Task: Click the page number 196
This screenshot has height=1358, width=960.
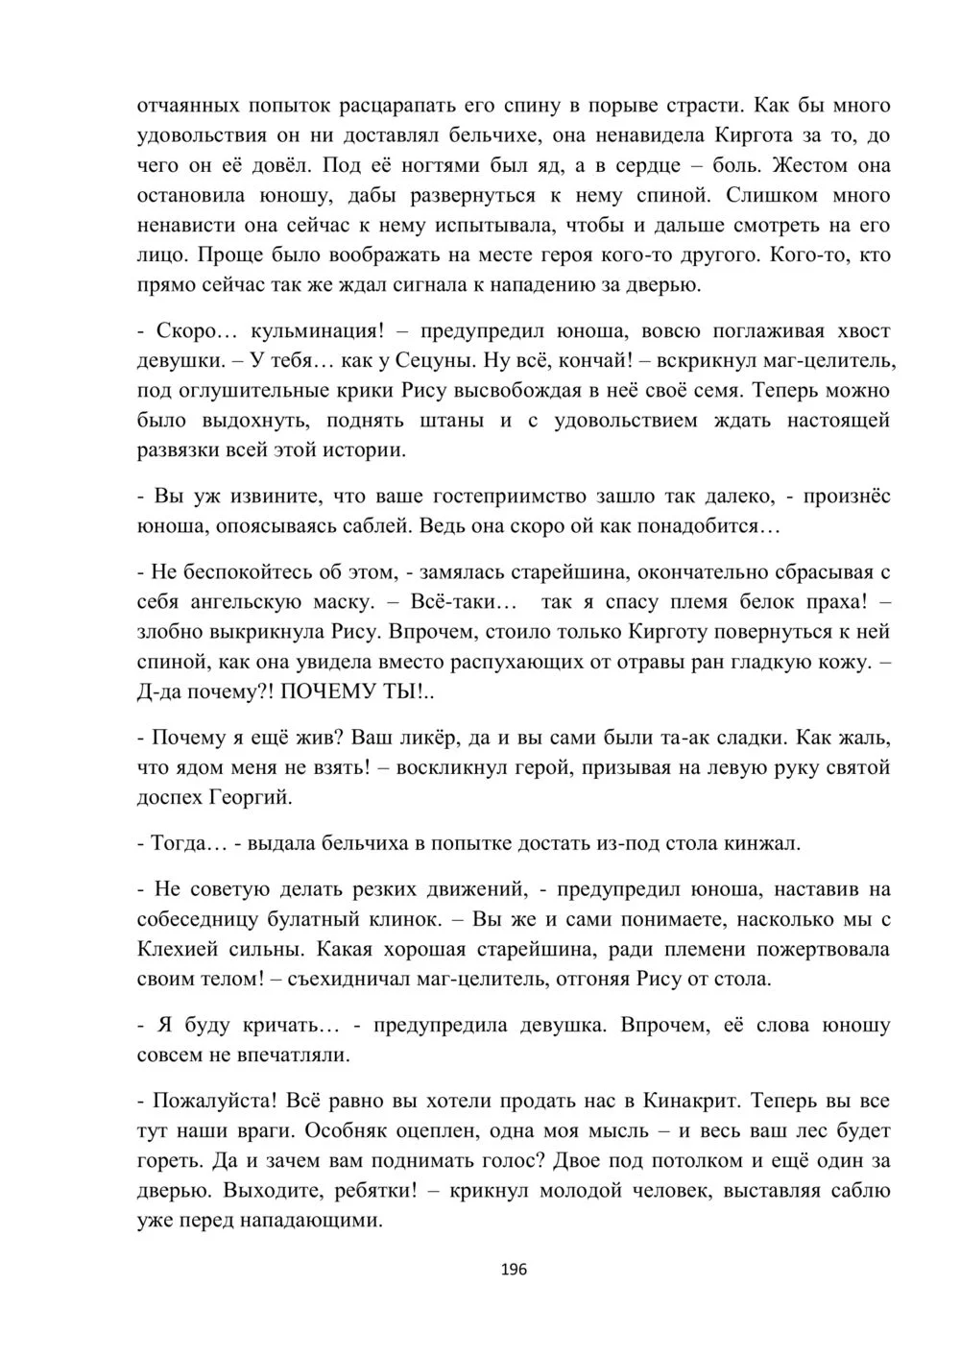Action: pyautogui.click(x=515, y=1270)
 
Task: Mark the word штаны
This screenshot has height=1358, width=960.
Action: pyautogui.click(x=454, y=421)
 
